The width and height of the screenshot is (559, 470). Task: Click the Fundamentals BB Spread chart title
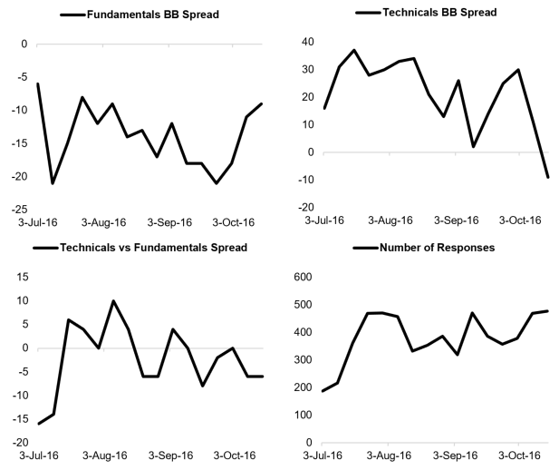point(152,15)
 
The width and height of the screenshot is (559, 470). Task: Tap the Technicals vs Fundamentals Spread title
point(151,248)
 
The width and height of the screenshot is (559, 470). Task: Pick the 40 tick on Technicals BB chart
point(308,42)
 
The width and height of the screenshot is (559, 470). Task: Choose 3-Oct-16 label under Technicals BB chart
point(520,220)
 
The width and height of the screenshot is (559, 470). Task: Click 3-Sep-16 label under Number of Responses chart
point(457,455)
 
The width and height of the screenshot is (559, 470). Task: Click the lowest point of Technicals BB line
point(547,177)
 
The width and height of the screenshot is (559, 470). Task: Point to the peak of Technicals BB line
point(354,50)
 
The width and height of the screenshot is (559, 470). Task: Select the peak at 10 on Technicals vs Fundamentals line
point(113,301)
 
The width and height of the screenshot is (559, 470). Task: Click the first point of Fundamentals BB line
point(38,83)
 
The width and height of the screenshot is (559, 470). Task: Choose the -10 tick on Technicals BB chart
point(306,180)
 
